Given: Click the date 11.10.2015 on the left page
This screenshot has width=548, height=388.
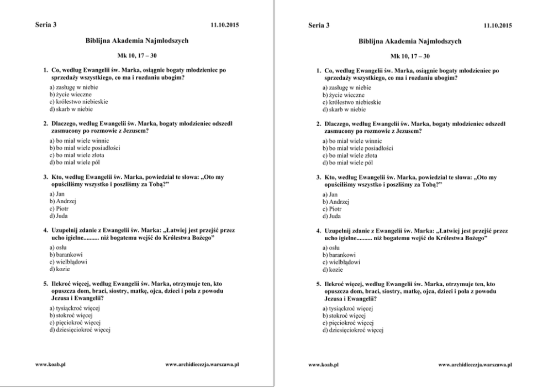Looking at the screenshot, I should (x=224, y=25).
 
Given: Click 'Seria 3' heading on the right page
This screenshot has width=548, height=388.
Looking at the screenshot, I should (x=319, y=25).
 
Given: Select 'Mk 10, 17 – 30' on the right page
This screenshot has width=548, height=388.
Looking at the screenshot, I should (x=410, y=56).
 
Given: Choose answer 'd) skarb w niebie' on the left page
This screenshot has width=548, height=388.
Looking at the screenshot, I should (x=71, y=109).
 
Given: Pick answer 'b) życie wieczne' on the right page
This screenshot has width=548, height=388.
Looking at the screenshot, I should (x=343, y=95).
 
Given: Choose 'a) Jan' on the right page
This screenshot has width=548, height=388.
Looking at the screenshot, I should (x=330, y=195).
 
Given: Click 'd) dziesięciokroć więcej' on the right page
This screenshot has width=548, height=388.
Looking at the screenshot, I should (x=353, y=330).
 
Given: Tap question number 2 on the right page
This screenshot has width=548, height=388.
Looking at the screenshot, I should (x=319, y=123).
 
